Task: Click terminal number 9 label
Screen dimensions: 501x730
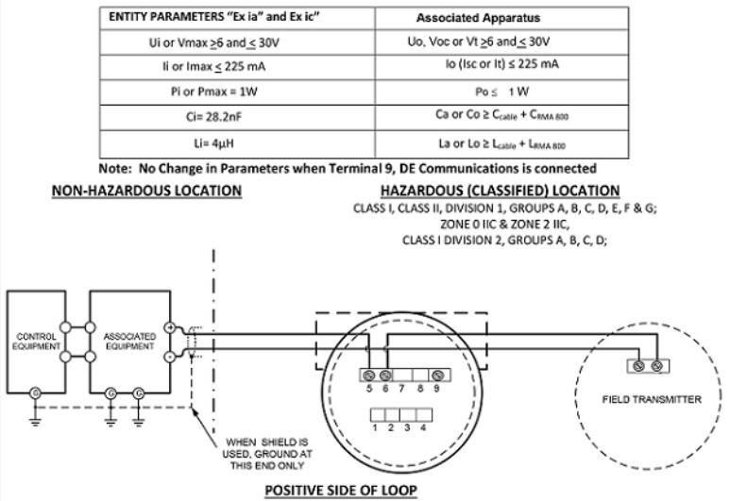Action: click(433, 388)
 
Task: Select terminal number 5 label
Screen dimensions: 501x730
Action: click(367, 388)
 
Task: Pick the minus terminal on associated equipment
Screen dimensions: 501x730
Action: click(169, 358)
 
